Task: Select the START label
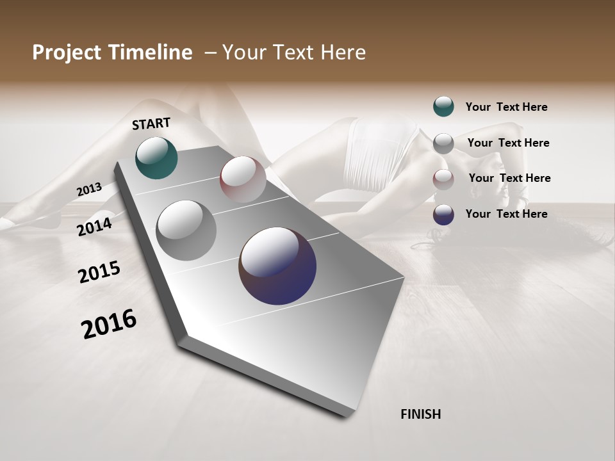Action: pyautogui.click(x=151, y=124)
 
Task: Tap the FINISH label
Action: pyautogui.click(x=421, y=414)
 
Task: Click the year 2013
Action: pyautogui.click(x=90, y=190)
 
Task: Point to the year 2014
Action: pyautogui.click(x=95, y=227)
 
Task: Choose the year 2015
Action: pyautogui.click(x=99, y=272)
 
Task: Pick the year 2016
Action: pyautogui.click(x=109, y=324)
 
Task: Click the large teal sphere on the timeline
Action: pyautogui.click(x=156, y=158)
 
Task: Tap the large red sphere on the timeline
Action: pyautogui.click(x=243, y=179)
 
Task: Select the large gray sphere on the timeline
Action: pyautogui.click(x=186, y=230)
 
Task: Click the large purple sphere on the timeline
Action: pyautogui.click(x=277, y=266)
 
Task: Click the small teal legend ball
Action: pyautogui.click(x=443, y=106)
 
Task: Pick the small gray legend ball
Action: pyautogui.click(x=443, y=143)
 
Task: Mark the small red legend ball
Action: pyautogui.click(x=443, y=179)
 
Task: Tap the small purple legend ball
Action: pyautogui.click(x=443, y=214)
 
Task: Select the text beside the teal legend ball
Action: pyautogui.click(x=506, y=107)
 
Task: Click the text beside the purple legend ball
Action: pyautogui.click(x=506, y=214)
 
